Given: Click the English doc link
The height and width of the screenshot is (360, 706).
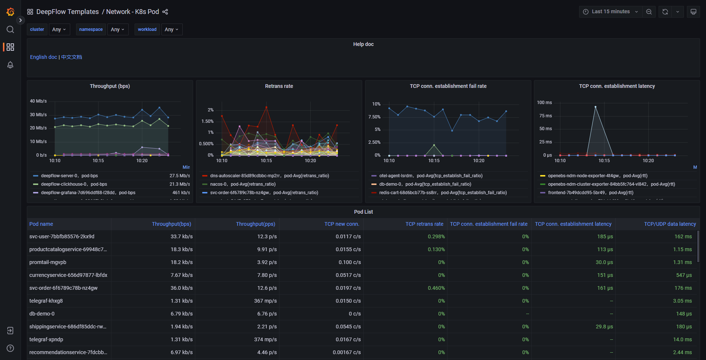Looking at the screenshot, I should [x=43, y=57].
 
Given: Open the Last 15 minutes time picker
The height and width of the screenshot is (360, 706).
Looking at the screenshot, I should [x=610, y=12].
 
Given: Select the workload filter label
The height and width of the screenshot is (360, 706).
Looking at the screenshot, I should [x=147, y=29].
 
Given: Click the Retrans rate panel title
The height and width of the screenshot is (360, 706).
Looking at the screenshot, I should [x=279, y=86].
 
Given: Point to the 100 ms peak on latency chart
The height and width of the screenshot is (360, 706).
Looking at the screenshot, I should [x=595, y=107].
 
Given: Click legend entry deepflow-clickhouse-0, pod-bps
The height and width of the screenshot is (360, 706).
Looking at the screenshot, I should [x=74, y=184].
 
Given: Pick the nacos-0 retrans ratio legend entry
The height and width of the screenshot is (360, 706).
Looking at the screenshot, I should [x=243, y=184].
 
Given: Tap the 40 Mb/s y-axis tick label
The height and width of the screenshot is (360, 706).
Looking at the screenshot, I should [x=38, y=101].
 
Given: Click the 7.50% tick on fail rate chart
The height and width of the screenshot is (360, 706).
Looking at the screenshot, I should [x=374, y=117].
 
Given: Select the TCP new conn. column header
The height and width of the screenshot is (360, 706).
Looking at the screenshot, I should [x=341, y=224].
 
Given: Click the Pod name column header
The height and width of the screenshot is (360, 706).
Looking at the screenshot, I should [x=41, y=224].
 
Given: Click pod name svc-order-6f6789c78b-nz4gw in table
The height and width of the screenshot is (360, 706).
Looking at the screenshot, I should [x=63, y=288].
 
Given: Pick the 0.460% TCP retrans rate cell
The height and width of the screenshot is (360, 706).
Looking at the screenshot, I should [x=436, y=288].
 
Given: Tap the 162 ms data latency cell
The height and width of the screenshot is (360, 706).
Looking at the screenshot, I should [x=683, y=236].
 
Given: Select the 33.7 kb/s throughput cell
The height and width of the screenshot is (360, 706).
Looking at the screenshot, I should [x=181, y=236].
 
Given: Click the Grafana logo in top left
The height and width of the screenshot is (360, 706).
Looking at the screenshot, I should [x=10, y=12].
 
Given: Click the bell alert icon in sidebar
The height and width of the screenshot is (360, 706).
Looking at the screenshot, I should [x=10, y=65].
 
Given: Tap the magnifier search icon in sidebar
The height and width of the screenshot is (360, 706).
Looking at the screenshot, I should [x=10, y=29].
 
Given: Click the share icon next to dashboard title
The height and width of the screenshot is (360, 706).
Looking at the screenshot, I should [x=165, y=12].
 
